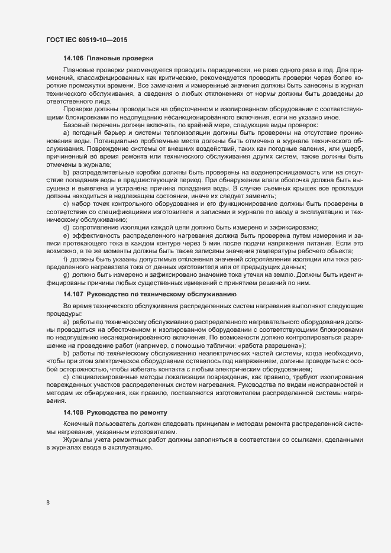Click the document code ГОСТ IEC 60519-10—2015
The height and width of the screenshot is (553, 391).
pyautogui.click(x=87, y=40)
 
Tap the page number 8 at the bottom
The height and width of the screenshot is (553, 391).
pyautogui.click(x=47, y=503)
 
